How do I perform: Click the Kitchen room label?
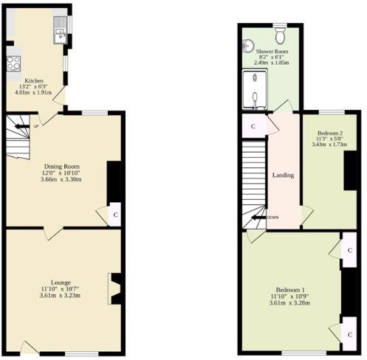[35, 80]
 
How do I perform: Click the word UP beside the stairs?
[35, 126]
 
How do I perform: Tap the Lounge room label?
[61, 282]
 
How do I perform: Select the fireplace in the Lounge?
[114, 288]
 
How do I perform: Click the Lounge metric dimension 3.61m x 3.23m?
[61, 296]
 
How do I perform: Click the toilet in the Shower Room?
[280, 34]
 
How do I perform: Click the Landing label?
[283, 176]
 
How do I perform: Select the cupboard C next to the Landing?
[253, 125]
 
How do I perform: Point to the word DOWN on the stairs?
[272, 217]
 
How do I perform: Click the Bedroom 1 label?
[290, 288]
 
